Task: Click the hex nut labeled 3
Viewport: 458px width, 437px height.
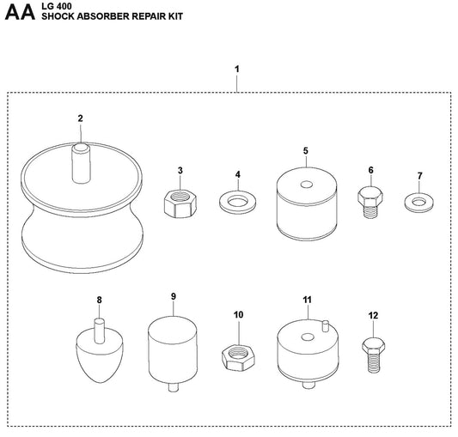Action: [x=180, y=203]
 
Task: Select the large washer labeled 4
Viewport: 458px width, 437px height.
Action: [x=238, y=202]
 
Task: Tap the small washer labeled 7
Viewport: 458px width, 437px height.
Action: [x=418, y=203]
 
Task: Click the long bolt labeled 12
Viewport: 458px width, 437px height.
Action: [x=374, y=355]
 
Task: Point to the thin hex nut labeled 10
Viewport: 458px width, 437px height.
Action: [x=238, y=357]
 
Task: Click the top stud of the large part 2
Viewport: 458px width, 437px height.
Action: [x=82, y=163]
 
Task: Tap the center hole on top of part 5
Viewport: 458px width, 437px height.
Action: [x=307, y=185]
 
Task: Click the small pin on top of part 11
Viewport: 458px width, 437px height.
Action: [x=326, y=326]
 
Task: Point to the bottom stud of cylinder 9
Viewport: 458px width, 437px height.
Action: [x=174, y=387]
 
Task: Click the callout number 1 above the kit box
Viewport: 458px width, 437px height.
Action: [x=237, y=70]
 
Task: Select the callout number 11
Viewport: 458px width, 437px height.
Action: [x=308, y=300]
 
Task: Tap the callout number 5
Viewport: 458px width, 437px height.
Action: [x=306, y=151]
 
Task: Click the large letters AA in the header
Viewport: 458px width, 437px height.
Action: [x=20, y=12]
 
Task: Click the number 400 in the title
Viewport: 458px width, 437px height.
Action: [x=64, y=6]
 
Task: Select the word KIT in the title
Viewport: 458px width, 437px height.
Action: [x=175, y=16]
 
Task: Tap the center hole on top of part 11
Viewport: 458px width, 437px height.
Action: [x=308, y=337]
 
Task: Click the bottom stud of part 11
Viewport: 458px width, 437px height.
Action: [x=308, y=385]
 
